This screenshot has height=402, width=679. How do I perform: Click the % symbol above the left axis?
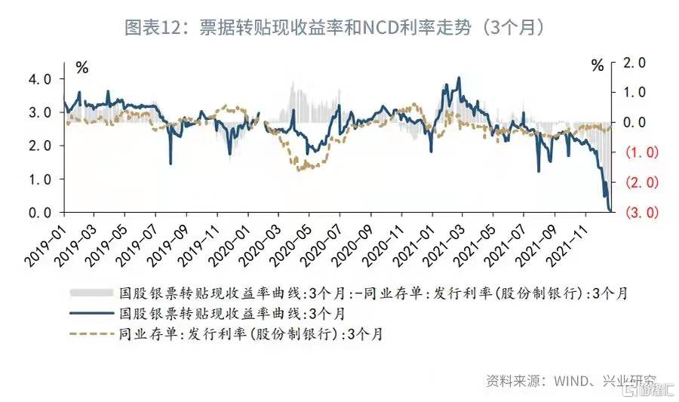click(82, 66)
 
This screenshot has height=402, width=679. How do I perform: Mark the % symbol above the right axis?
click(598, 66)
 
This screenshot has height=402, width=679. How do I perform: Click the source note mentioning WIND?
click(570, 382)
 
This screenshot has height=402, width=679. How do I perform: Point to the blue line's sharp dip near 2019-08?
click(171, 163)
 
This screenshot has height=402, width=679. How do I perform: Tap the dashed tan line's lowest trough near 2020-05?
click(301, 170)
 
